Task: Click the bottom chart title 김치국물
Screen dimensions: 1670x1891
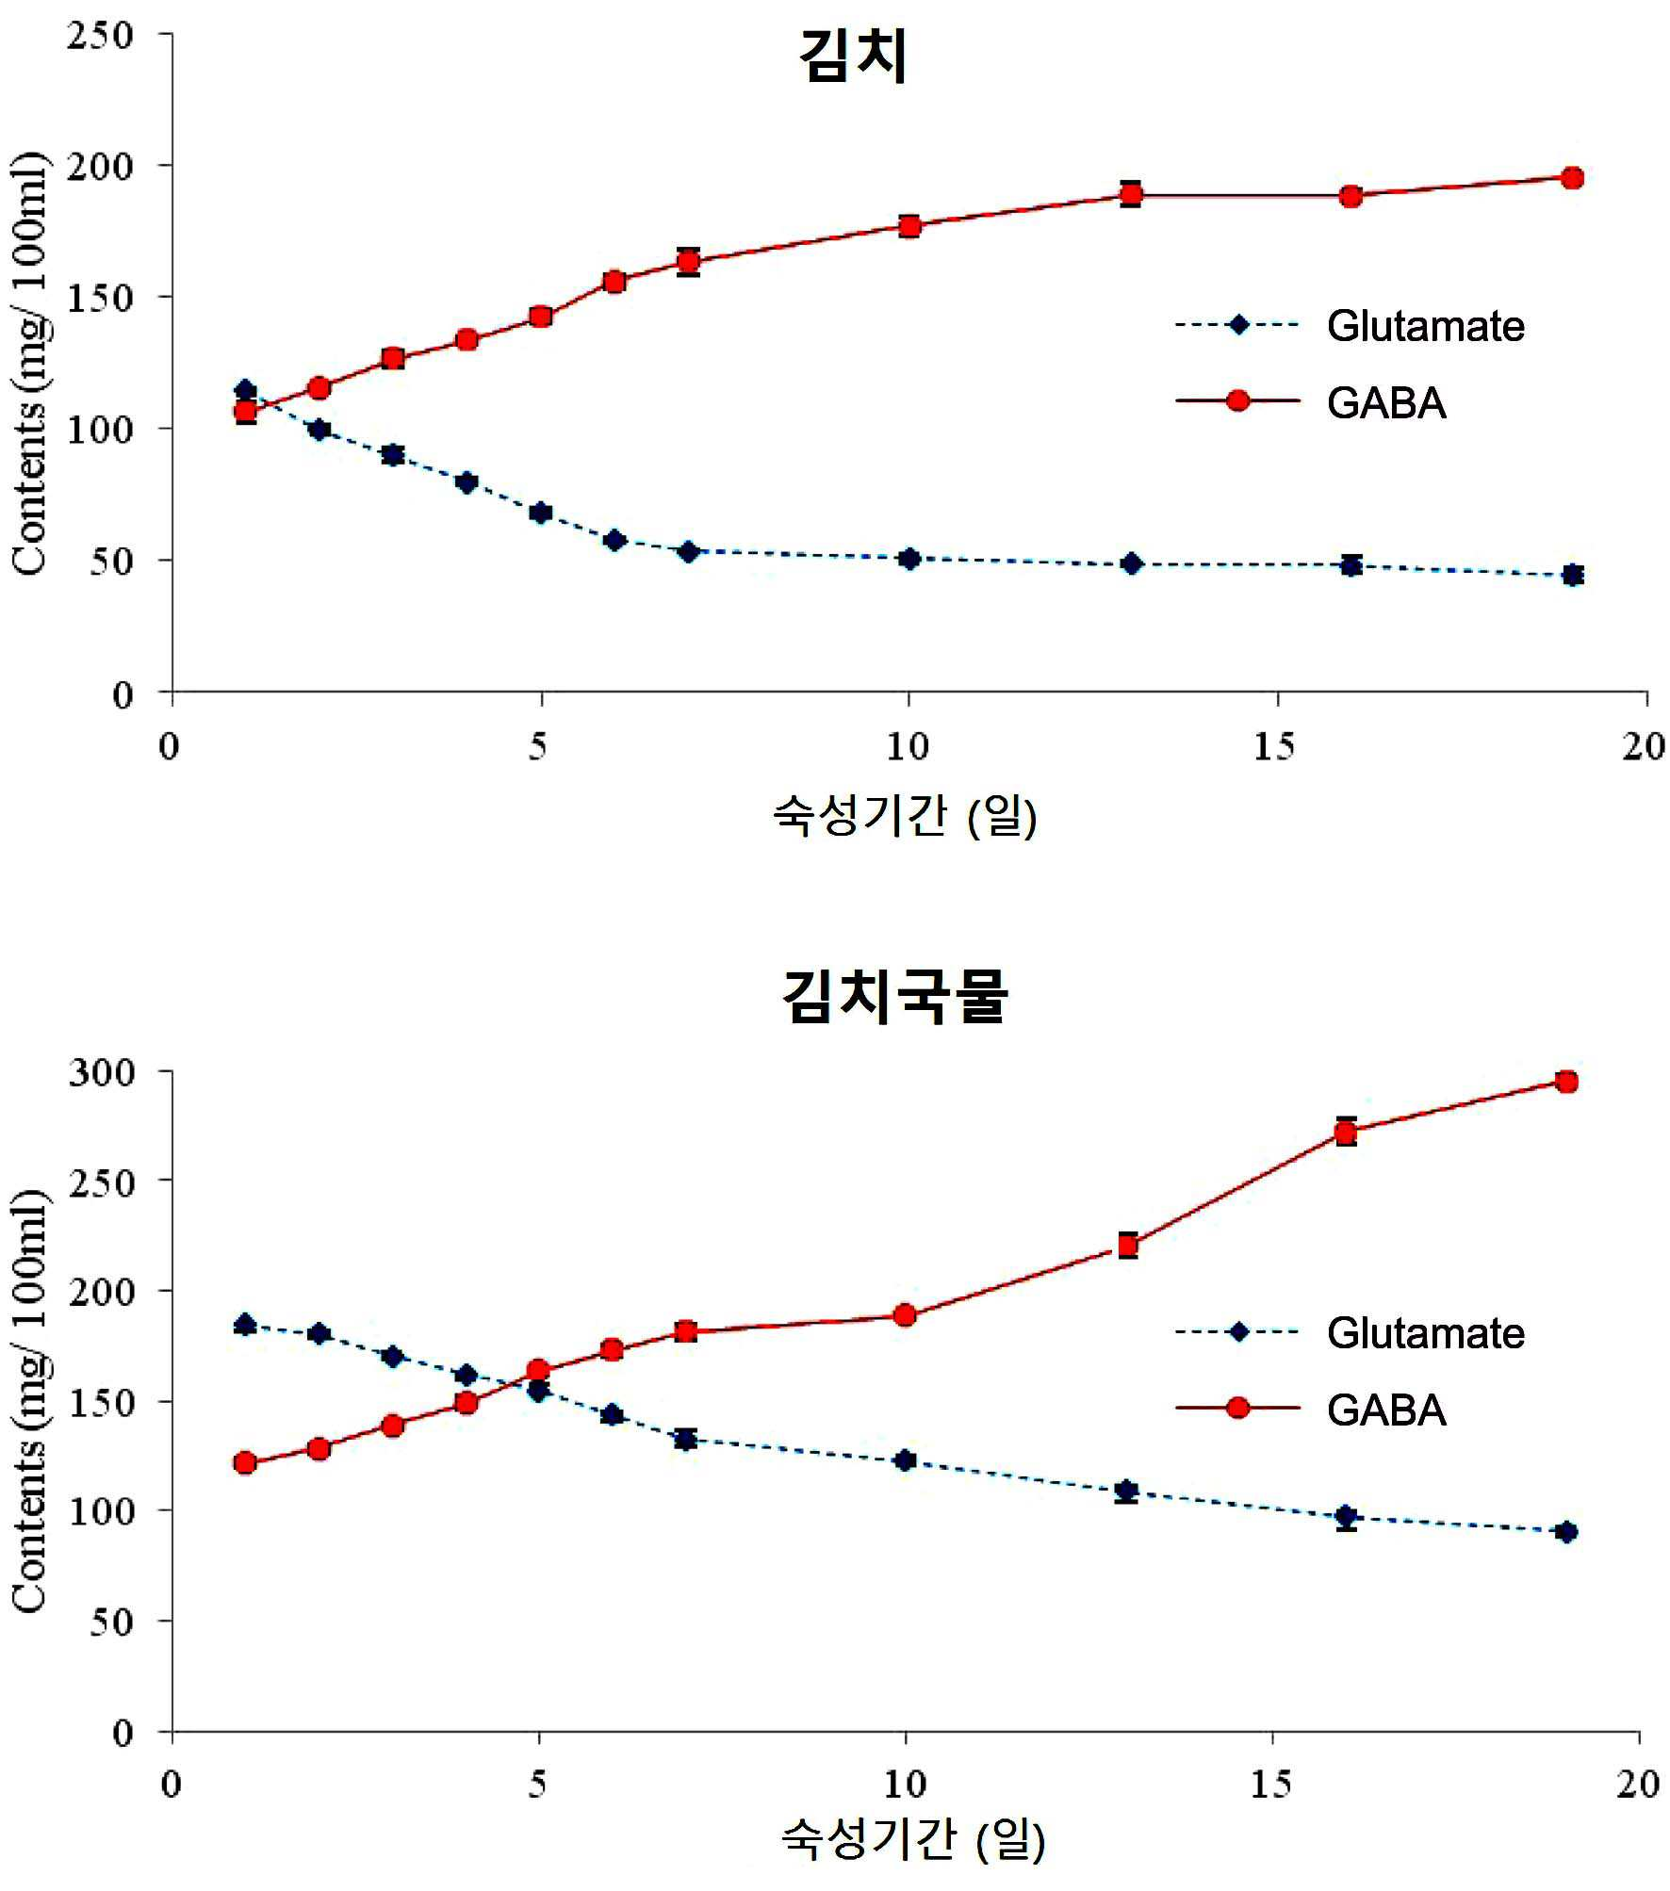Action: pos(895,996)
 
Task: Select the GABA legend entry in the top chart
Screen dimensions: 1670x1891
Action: pos(1311,402)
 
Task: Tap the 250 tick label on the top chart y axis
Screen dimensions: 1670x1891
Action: pos(100,36)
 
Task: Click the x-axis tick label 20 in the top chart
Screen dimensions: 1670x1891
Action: pos(1644,747)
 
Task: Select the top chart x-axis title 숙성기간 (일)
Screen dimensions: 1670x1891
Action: pos(905,816)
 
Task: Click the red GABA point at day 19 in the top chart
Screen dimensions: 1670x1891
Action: pos(1571,178)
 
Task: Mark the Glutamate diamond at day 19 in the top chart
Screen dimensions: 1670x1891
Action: pos(1572,575)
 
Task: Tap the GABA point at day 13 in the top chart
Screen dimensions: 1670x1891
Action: pos(1131,195)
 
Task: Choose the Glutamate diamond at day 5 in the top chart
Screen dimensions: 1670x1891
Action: pos(541,513)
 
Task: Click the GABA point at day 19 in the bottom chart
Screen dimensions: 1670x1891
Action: pos(1566,1082)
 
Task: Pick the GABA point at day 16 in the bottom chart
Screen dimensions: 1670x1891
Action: pos(1346,1133)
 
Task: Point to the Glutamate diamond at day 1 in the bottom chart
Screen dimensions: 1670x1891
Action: pos(245,1325)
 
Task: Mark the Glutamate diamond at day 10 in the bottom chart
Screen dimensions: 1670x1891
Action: pos(905,1460)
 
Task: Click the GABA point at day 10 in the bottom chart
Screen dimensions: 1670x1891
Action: pos(905,1314)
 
